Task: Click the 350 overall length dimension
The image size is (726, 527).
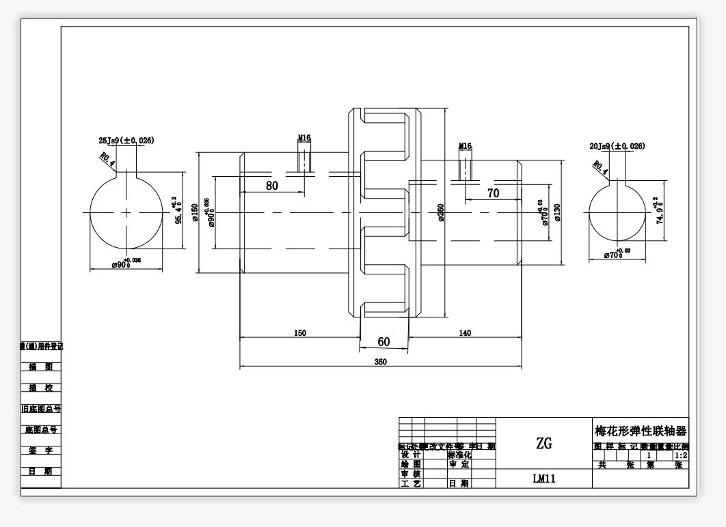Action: tap(381, 362)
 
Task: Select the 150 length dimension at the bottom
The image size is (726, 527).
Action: tap(300, 333)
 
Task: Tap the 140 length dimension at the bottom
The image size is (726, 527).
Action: tap(465, 333)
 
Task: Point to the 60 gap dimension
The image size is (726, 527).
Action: tap(384, 341)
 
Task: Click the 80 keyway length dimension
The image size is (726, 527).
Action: tap(272, 185)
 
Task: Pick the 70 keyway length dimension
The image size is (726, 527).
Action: tap(493, 193)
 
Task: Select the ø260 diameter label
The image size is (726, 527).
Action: tap(442, 213)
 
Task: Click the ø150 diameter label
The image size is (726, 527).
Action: tap(195, 212)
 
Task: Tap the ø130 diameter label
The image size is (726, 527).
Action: tap(558, 213)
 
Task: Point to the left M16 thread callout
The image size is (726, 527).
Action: tap(304, 138)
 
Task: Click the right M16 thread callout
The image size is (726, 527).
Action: tap(465, 146)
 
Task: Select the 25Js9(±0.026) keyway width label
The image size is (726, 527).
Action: tap(126, 141)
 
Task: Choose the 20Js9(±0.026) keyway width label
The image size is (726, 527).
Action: tap(617, 146)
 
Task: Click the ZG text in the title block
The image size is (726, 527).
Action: tap(544, 443)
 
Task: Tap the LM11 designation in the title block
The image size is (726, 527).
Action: tap(544, 479)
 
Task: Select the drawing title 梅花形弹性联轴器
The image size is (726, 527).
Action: tap(641, 431)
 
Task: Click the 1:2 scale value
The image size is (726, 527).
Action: tap(681, 455)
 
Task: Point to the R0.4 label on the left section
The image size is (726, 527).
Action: tap(107, 160)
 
